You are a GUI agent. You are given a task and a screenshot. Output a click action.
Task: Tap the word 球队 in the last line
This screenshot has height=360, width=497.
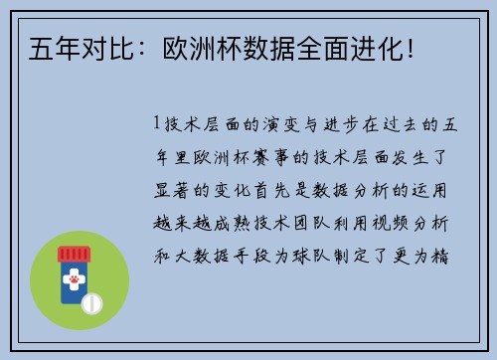321,255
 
